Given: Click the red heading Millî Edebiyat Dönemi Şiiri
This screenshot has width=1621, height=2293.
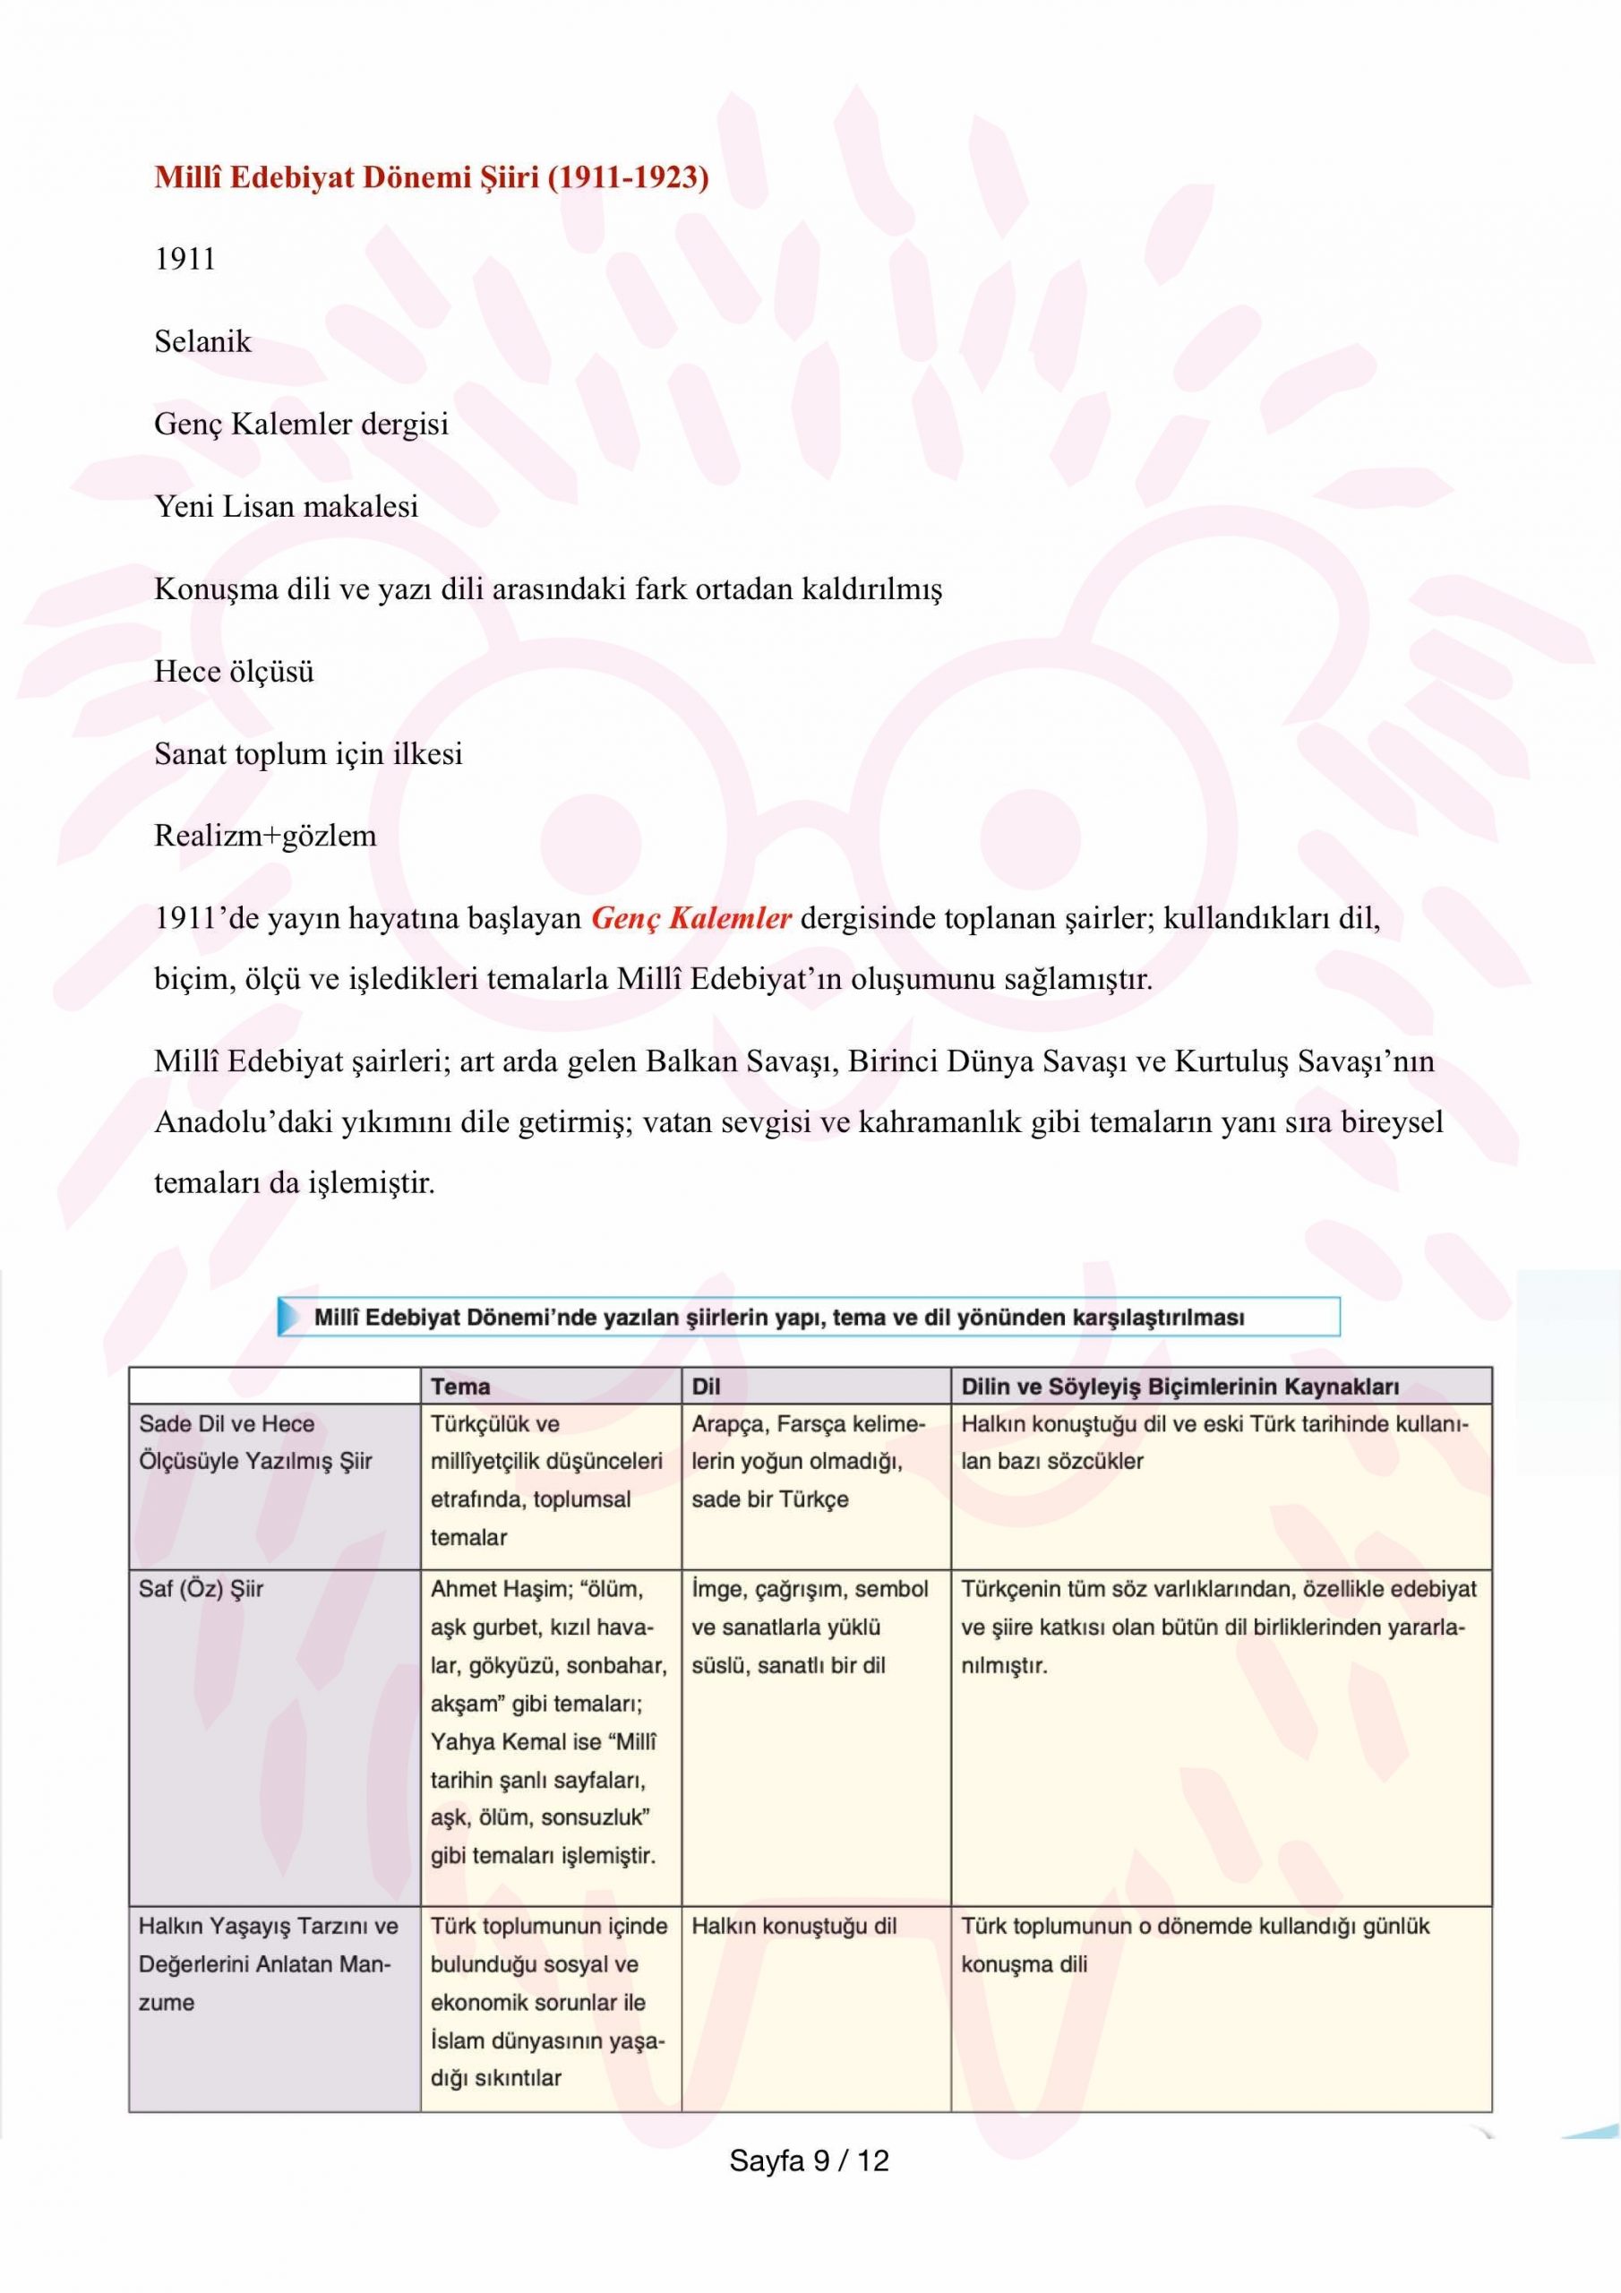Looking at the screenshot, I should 432,177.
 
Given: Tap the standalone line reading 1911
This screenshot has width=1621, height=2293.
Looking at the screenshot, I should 184,260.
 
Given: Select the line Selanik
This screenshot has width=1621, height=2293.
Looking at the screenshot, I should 202,342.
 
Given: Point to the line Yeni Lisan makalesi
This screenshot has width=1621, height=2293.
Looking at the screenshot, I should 286,507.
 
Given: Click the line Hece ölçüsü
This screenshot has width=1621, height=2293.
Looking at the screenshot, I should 234,672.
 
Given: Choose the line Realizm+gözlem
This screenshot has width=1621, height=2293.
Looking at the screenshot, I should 265,836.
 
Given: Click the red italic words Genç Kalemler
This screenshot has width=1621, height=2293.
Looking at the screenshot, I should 691,919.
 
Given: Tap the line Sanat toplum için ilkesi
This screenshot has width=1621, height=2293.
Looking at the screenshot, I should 307,754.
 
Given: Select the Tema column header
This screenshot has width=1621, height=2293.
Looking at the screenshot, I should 460,1387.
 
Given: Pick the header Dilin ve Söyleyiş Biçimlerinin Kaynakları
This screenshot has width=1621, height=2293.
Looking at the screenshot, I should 1179,1387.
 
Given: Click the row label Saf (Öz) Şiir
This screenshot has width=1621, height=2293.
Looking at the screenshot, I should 201,1589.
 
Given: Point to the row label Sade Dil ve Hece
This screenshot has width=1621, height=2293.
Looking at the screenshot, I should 227,1424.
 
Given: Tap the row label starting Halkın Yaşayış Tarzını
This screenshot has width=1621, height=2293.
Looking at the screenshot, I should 268,1927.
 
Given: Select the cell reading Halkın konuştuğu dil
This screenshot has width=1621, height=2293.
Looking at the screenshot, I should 794,1927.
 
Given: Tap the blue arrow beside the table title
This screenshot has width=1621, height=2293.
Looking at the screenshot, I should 289,1318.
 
